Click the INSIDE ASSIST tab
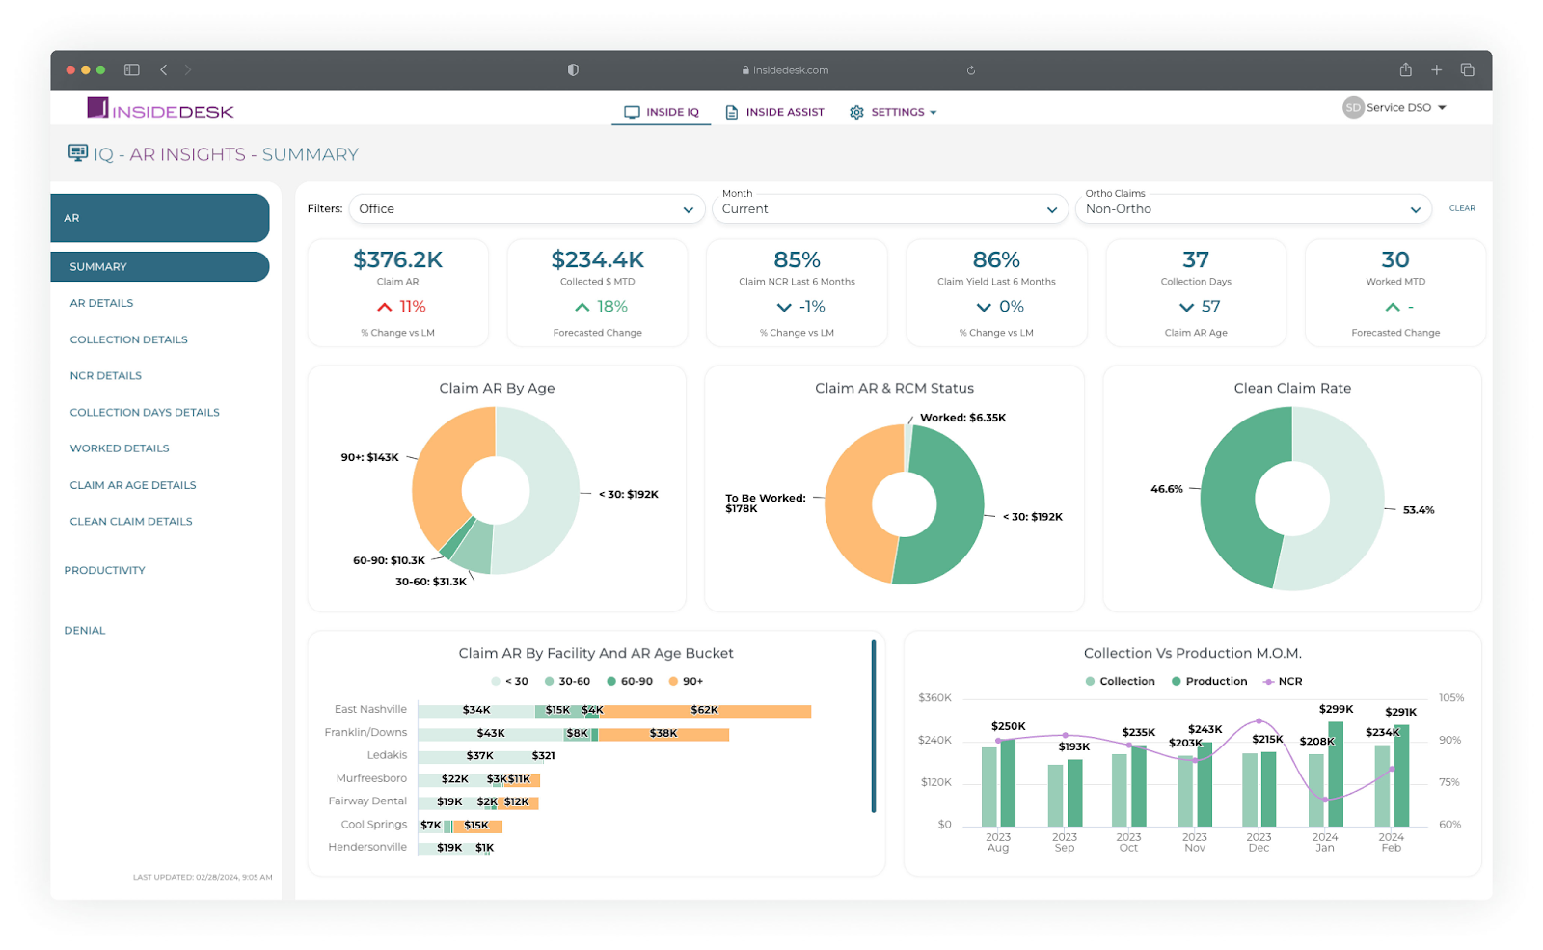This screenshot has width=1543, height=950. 775,112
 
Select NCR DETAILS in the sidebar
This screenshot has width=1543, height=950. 106,376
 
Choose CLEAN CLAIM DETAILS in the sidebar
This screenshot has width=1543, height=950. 131,522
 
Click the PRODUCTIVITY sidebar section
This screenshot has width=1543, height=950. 105,571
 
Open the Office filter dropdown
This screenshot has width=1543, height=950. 526,209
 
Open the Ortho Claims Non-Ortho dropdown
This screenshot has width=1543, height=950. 1252,209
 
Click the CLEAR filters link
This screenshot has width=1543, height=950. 1462,208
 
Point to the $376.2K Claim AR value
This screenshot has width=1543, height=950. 397,260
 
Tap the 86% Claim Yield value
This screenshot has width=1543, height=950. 996,260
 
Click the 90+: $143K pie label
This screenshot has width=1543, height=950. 369,457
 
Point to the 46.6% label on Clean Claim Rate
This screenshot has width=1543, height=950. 1166,489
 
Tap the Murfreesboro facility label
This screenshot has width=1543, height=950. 371,778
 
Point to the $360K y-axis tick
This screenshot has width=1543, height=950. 934,697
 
